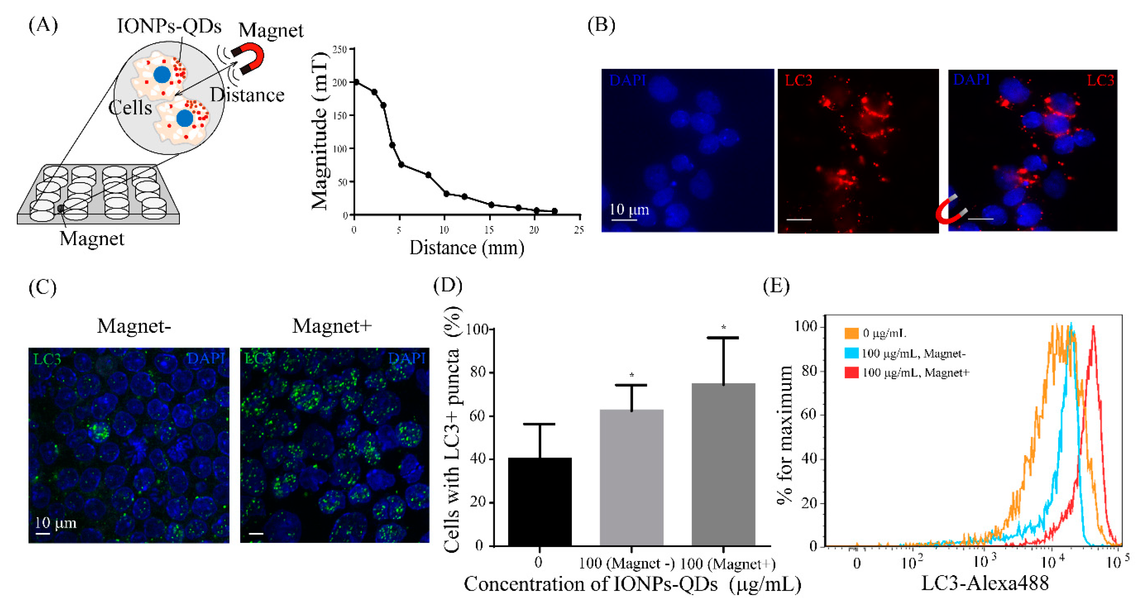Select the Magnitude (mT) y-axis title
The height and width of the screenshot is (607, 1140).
click(319, 130)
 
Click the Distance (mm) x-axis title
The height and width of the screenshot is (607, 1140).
click(467, 248)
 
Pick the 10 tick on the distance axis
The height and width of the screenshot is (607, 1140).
click(444, 230)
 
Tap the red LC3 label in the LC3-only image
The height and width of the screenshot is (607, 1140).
click(798, 81)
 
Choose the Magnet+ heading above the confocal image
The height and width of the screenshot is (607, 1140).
click(332, 326)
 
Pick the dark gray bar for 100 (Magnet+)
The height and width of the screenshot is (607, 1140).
click(723, 464)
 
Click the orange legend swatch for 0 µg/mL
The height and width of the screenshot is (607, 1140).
click(852, 333)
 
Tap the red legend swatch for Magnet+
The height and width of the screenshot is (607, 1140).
click(852, 372)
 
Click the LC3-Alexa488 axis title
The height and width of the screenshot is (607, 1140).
click(985, 583)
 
